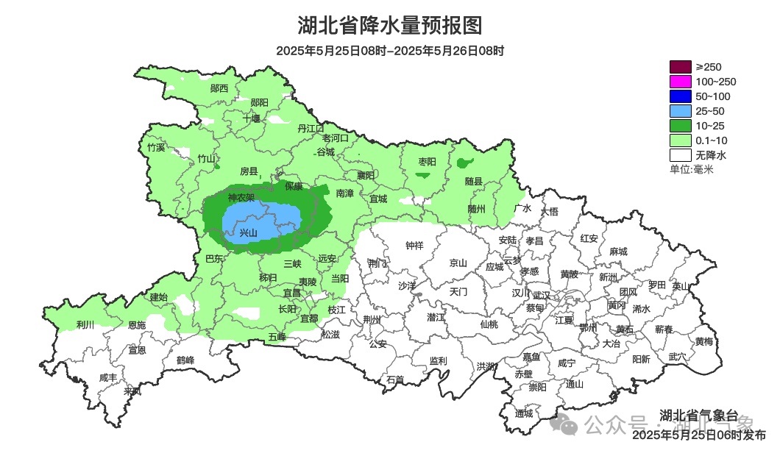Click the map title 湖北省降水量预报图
(390, 26)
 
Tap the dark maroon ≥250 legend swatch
(681, 67)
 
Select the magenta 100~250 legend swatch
(681, 82)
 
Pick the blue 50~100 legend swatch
(681, 96)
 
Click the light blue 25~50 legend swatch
(681, 111)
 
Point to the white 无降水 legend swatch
(681, 155)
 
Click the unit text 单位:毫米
(691, 169)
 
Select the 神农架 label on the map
(241, 197)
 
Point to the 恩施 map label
(137, 324)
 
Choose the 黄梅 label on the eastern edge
(703, 341)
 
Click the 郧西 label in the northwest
(219, 88)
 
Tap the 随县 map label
(473, 181)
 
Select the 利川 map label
(85, 324)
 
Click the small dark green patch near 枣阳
(423, 175)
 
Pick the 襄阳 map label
(366, 175)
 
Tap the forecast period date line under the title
(390, 51)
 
